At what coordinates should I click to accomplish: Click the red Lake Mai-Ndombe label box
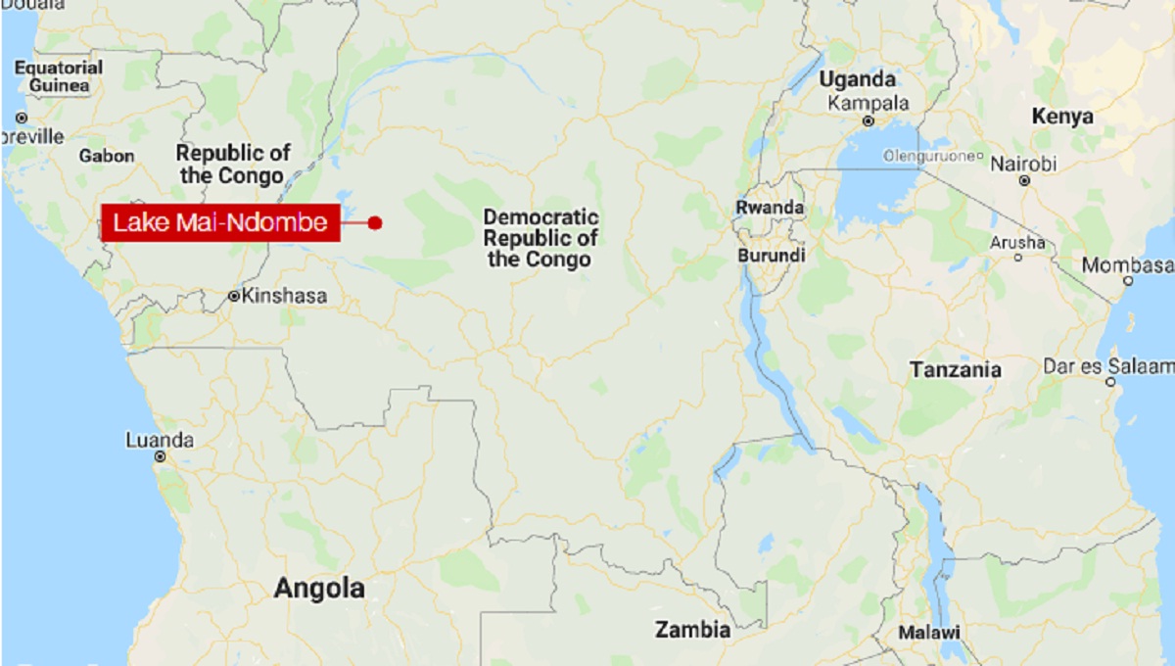pos(220,223)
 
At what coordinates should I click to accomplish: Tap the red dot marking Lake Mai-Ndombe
pos(375,223)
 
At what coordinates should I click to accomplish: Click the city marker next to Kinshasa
pos(234,295)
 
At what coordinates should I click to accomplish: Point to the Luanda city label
pos(160,440)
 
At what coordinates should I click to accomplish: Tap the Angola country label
pos(319,589)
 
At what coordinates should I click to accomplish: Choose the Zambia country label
pos(693,629)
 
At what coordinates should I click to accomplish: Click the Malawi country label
pos(930,631)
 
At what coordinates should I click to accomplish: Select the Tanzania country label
pos(956,370)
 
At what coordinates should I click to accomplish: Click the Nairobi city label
pos(1024,164)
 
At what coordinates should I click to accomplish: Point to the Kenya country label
pos(1062,117)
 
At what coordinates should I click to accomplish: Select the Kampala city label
pos(869,103)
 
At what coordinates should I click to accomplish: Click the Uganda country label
pos(858,79)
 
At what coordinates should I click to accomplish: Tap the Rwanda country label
pos(770,208)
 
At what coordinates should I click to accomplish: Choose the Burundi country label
pos(772,256)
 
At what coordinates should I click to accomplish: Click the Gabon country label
pos(107,156)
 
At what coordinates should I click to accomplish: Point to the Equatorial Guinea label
pos(59,76)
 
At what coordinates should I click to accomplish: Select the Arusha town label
pos(1017,241)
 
